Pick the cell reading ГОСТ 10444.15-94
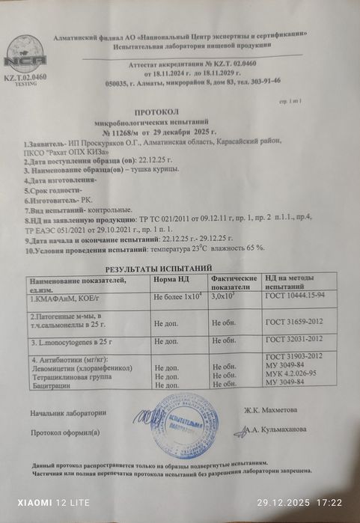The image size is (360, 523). (x=294, y=298)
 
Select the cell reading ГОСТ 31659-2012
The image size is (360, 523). (x=294, y=321)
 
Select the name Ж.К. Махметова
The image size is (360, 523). (x=269, y=409)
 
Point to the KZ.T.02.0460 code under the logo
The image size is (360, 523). (x=25, y=77)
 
